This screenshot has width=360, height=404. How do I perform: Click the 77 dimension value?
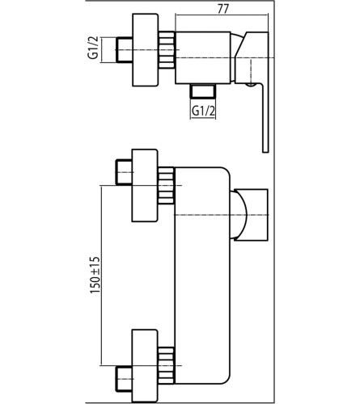[x=222, y=9]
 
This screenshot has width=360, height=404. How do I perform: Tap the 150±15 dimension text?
[x=95, y=275]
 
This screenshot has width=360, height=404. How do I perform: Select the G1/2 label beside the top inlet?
[x=92, y=50]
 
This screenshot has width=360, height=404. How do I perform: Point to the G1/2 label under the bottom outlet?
[x=203, y=111]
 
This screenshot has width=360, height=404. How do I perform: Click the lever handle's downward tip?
[x=265, y=152]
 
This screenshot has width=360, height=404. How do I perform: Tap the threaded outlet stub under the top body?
[x=203, y=90]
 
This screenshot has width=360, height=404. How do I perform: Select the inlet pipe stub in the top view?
[x=124, y=50]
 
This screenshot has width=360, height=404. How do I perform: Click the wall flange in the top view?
[x=145, y=50]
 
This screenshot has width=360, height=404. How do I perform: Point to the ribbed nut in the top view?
[x=167, y=50]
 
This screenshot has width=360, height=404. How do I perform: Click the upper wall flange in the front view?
[x=145, y=185]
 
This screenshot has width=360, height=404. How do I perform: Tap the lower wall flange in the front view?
[x=145, y=366]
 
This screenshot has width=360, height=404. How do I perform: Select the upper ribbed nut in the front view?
[x=166, y=186]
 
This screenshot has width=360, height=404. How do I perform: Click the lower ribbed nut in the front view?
[x=166, y=366]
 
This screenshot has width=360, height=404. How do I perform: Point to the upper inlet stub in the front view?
[x=124, y=172]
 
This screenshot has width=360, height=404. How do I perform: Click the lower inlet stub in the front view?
[x=124, y=379]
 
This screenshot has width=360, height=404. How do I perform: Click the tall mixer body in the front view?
[x=202, y=276]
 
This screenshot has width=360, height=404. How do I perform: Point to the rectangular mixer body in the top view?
[x=203, y=57]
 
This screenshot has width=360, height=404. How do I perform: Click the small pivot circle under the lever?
[x=252, y=85]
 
